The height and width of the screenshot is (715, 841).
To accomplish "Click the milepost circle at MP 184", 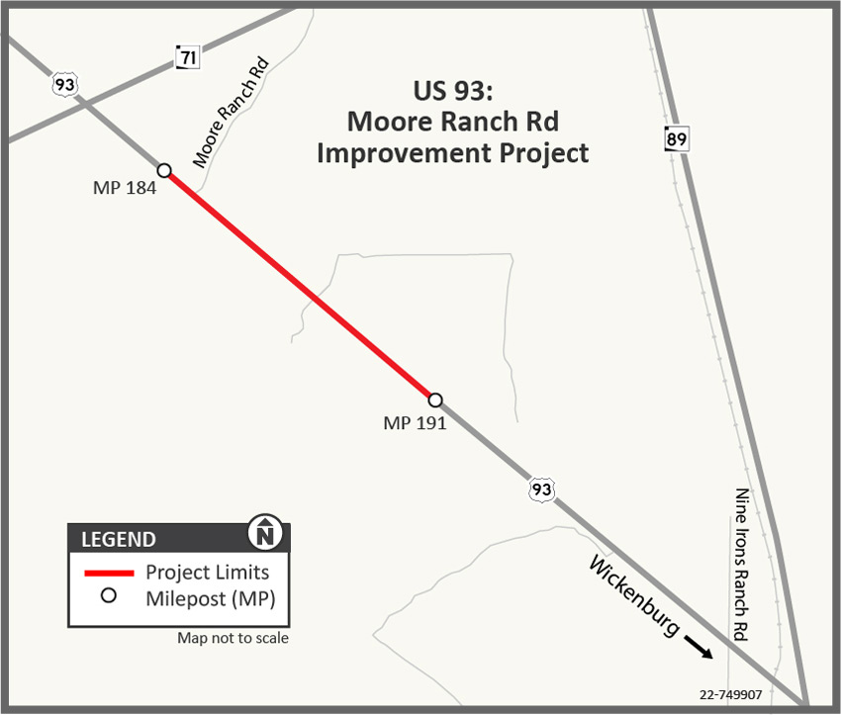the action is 164,170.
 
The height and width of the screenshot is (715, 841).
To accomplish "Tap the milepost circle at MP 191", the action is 434,400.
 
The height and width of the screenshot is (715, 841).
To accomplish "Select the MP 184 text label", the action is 125,188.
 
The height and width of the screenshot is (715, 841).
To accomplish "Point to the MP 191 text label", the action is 415,422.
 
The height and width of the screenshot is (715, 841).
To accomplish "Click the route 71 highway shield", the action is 187,57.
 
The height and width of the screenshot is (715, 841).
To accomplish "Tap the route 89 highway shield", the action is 676,139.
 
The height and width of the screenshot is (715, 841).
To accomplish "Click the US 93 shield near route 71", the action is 65,84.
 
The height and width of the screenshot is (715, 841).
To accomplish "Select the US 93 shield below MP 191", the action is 540,489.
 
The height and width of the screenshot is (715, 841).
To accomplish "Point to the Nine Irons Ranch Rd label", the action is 741,566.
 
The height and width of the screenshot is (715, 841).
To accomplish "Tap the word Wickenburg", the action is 634,595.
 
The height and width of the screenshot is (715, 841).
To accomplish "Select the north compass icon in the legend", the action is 265,533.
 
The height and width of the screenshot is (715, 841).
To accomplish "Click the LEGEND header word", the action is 118,540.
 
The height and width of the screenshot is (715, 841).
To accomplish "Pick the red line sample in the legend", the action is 109,573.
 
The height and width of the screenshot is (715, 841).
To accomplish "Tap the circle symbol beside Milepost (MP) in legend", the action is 109,595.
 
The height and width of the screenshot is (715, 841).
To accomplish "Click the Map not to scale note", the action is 234,638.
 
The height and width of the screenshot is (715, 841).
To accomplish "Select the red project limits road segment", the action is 299,285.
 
